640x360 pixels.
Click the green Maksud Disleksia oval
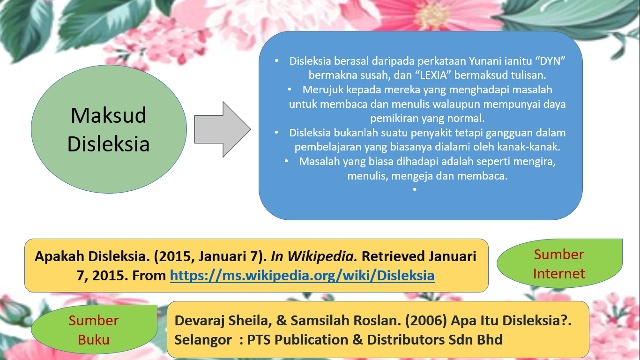(x=109, y=129)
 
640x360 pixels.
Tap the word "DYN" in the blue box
(x=551, y=61)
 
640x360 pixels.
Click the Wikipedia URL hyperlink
(x=302, y=275)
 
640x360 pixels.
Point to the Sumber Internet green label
(x=559, y=264)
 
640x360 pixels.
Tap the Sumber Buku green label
(x=94, y=330)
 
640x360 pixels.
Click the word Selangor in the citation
(x=203, y=339)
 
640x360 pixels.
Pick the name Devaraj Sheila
(x=225, y=321)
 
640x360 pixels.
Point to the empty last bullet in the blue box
(x=415, y=189)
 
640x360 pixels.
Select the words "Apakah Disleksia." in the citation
(x=98, y=256)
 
